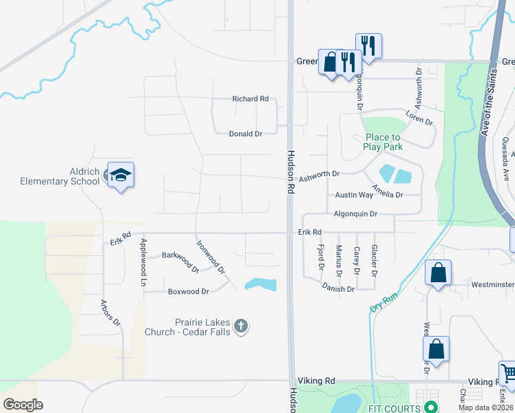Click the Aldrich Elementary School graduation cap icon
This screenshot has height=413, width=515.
coord(120,175)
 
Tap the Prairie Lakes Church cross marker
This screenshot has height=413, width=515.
coord(240,326)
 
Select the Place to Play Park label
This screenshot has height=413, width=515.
coord(382,142)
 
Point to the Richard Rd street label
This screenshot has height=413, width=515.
coord(250,99)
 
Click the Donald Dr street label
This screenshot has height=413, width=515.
coord(246,134)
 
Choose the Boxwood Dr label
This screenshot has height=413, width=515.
coord(188,292)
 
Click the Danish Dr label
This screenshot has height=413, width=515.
coord(337,289)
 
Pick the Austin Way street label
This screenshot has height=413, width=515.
coord(354,195)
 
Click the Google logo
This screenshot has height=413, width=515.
coord(23,405)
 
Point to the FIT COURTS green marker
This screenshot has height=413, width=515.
coord(431,408)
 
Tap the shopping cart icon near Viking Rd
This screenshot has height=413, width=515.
coord(508,374)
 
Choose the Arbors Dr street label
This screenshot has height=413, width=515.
coord(110,313)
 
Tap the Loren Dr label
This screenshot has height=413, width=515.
coord(419,118)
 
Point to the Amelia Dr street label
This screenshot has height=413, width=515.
coord(387,191)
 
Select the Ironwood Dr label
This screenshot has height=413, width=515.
coord(211,257)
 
